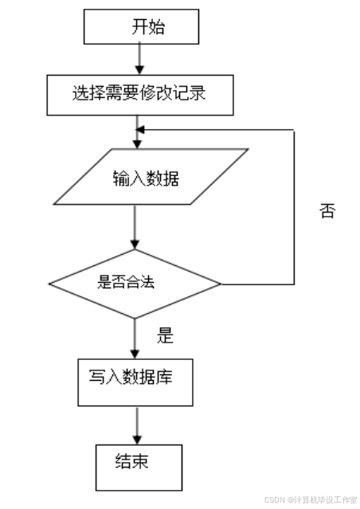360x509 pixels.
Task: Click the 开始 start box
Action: (140, 28)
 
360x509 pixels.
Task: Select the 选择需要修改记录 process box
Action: (139, 94)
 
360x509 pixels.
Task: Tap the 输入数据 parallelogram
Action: (146, 177)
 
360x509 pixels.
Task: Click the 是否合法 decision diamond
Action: (135, 282)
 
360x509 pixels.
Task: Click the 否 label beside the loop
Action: (327, 212)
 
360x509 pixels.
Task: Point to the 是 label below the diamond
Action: (165, 336)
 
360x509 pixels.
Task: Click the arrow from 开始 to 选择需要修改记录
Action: (139, 58)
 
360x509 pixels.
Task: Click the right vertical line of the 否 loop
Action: (295, 207)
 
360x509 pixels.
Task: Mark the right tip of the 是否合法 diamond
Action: (221, 284)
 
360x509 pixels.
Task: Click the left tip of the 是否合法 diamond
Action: (49, 283)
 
